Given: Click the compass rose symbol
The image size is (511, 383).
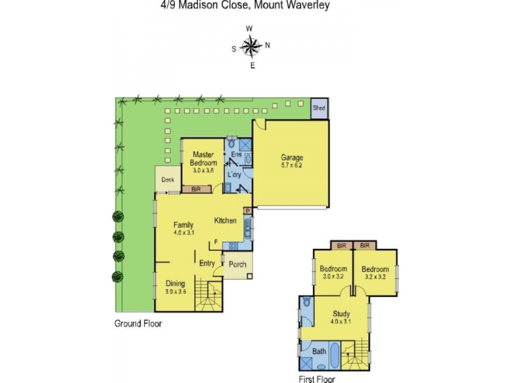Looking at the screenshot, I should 251,46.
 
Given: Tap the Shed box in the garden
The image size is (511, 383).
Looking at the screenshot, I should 319,108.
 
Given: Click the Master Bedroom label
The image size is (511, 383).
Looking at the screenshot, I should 203,158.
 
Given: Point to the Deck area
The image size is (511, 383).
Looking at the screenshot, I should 167,179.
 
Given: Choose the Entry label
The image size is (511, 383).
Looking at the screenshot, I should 207,263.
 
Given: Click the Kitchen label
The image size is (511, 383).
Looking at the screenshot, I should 225,221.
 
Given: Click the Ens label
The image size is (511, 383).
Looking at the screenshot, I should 235,155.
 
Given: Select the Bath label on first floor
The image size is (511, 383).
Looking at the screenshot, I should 319,352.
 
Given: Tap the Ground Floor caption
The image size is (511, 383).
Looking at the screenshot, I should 137,324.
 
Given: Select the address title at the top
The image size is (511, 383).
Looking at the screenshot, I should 245,6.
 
